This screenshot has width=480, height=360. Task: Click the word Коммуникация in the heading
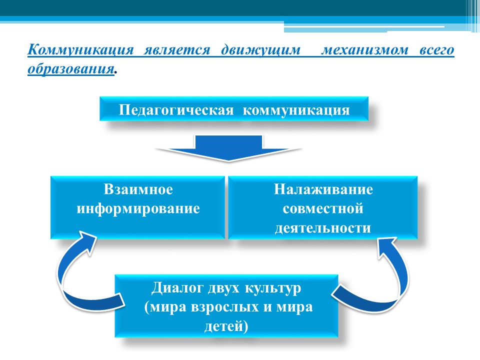pyautogui.click(x=81, y=49)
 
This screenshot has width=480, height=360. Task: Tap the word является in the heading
pyautogui.click(x=177, y=49)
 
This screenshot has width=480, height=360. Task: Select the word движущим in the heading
pyautogui.click(x=261, y=50)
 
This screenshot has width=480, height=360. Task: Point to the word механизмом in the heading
pyautogui.click(x=364, y=50)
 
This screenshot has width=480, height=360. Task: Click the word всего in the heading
pyautogui.click(x=436, y=50)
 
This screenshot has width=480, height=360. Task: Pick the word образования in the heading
pyautogui.click(x=70, y=68)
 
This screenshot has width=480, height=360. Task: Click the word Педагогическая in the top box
pyautogui.click(x=176, y=110)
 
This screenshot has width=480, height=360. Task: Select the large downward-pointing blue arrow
pyautogui.click(x=228, y=148)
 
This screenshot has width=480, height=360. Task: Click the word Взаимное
pyautogui.click(x=138, y=189)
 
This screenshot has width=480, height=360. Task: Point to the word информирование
pyautogui.click(x=138, y=209)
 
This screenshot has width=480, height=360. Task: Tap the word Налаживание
pyautogui.click(x=323, y=189)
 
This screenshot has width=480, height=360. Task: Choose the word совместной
pyautogui.click(x=323, y=209)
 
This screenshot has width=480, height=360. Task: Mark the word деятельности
pyautogui.click(x=323, y=228)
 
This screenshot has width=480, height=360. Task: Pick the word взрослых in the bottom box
pyautogui.click(x=224, y=307)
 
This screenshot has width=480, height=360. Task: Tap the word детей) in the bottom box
pyautogui.click(x=226, y=326)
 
